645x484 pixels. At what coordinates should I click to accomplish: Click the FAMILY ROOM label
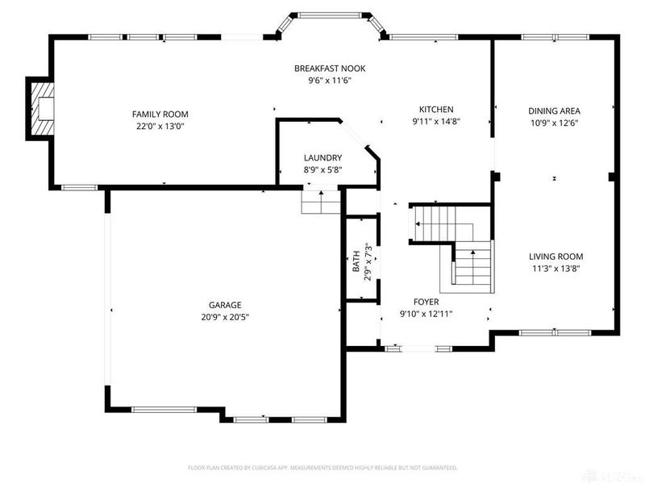point(160,115)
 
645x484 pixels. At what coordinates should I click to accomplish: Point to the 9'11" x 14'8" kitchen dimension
point(435,122)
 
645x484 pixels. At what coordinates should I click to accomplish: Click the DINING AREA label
point(554,111)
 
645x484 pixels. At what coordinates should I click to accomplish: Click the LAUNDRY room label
point(322,157)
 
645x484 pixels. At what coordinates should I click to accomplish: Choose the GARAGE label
point(225,305)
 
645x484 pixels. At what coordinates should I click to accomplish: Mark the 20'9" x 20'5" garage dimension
point(225,317)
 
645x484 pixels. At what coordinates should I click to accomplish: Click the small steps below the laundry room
point(321,202)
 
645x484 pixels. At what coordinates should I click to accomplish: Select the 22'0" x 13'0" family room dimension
point(160,127)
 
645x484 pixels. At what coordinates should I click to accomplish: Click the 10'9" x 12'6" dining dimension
point(554,123)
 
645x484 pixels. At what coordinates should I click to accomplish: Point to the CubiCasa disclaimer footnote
point(322,467)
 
